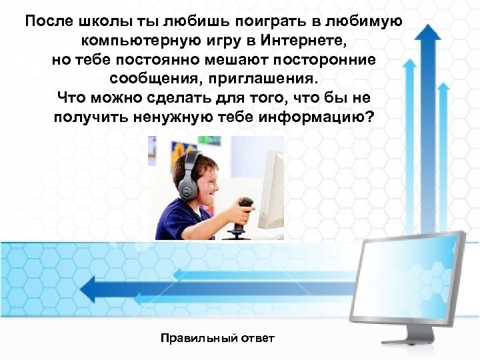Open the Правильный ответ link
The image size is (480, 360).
(217, 339)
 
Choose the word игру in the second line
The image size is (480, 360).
(227, 41)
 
